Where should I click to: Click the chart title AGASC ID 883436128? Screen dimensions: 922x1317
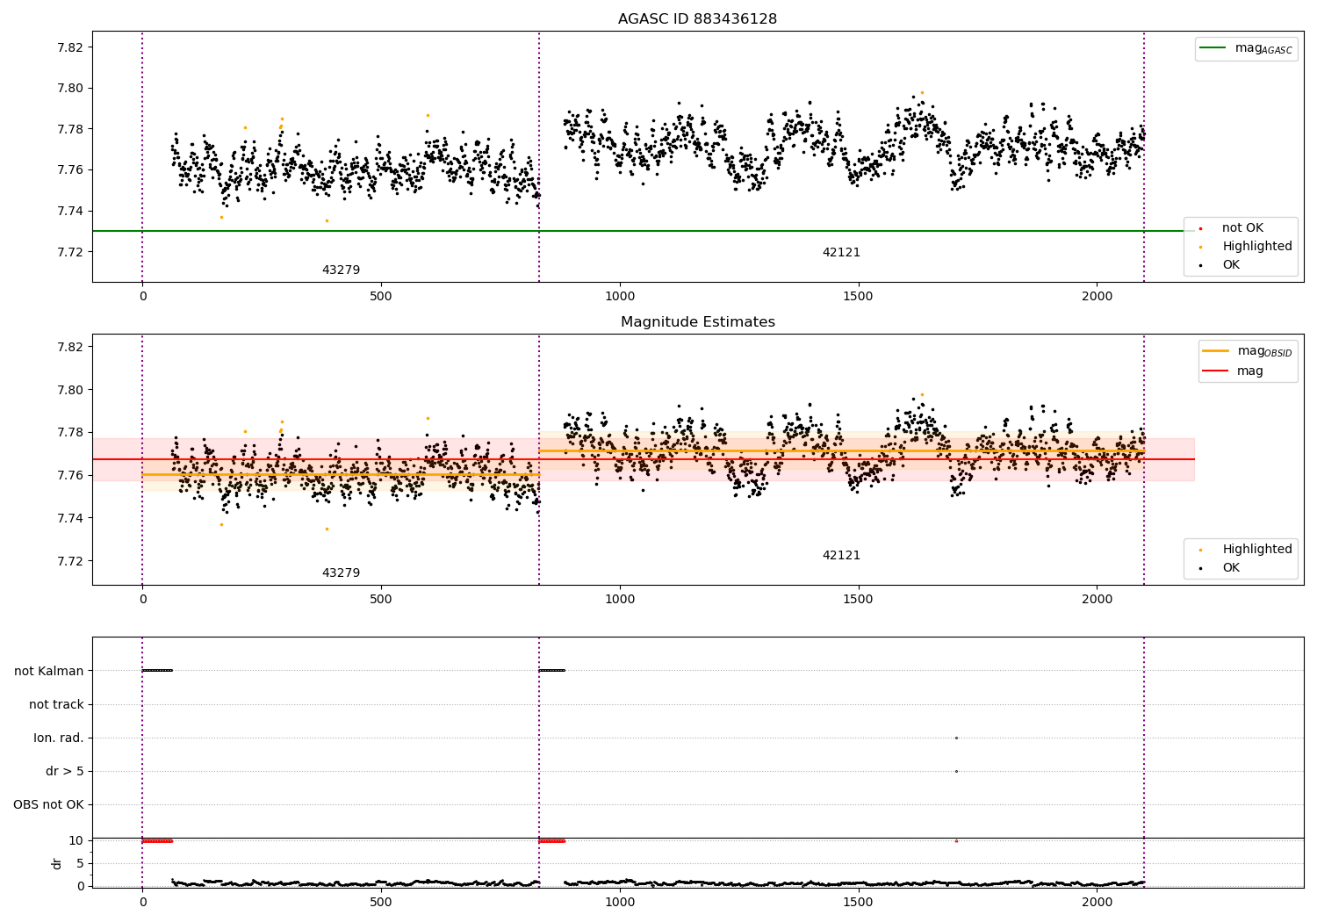point(697,19)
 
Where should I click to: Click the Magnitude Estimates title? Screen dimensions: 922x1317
point(697,322)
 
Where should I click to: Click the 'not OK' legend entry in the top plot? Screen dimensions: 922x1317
point(1241,228)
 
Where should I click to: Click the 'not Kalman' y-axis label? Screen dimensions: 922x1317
point(49,671)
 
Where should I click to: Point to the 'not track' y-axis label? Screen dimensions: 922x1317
point(56,704)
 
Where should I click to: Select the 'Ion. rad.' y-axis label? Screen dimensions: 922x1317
point(59,738)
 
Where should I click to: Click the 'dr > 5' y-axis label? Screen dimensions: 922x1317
point(65,771)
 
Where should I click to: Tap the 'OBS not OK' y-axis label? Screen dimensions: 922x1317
point(48,804)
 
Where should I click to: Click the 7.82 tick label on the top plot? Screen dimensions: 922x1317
point(69,47)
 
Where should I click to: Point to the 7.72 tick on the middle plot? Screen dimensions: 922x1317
point(69,561)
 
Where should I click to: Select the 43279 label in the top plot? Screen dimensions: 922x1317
point(341,270)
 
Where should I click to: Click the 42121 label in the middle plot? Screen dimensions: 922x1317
point(841,556)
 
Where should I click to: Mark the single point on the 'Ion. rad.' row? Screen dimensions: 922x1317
point(956,738)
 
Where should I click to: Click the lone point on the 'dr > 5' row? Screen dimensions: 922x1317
point(956,771)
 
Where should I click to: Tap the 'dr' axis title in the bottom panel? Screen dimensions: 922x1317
point(57,863)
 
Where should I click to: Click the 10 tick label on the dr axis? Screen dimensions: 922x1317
point(76,840)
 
